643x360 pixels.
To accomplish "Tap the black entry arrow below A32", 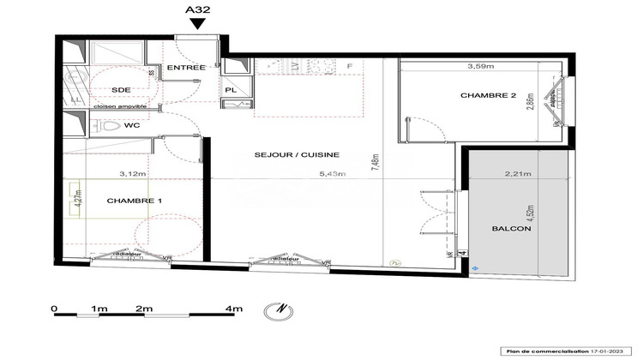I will [198, 25].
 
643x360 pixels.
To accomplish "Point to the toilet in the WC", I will [107, 126].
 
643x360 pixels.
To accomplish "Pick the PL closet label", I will [231, 88].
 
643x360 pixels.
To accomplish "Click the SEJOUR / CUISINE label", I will [297, 155].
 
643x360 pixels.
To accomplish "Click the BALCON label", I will [512, 230].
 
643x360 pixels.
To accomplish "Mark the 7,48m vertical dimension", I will [375, 159].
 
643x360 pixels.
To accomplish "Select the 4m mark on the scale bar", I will [234, 307].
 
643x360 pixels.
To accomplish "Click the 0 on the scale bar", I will [53, 307].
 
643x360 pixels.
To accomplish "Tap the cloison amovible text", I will [121, 107].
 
